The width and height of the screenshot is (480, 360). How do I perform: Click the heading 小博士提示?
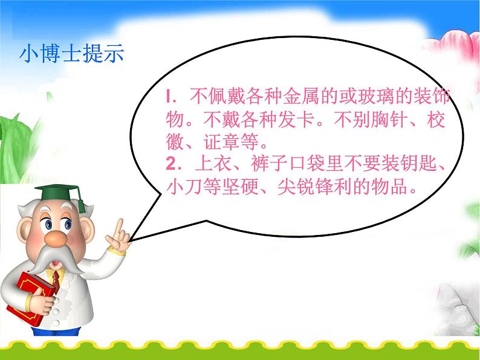point(71,54)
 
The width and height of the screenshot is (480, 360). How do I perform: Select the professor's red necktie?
point(56,278)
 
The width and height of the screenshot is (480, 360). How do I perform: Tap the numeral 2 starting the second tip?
point(170,162)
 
